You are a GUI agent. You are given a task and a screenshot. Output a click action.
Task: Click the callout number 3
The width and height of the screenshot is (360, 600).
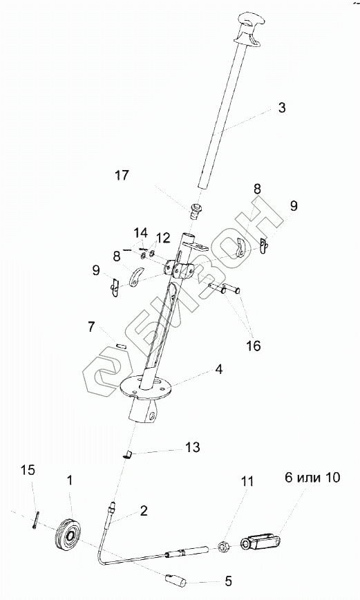(x=281, y=108)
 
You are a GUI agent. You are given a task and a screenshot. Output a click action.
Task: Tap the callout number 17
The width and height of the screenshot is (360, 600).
(x=122, y=176)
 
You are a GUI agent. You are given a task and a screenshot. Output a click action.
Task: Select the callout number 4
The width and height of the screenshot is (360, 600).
(x=219, y=370)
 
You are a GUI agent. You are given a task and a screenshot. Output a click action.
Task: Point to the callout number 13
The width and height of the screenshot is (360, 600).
(x=193, y=447)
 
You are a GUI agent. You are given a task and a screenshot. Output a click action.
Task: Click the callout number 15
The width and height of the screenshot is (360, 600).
(x=28, y=470)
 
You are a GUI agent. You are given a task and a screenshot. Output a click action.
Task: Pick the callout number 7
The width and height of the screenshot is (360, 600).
(x=91, y=328)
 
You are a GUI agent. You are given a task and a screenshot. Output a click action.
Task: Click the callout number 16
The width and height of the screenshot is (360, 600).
(x=254, y=346)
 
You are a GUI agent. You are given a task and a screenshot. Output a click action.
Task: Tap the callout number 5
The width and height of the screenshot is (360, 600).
(x=228, y=581)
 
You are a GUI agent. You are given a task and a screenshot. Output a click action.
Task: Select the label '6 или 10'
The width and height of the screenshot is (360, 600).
(x=312, y=478)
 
